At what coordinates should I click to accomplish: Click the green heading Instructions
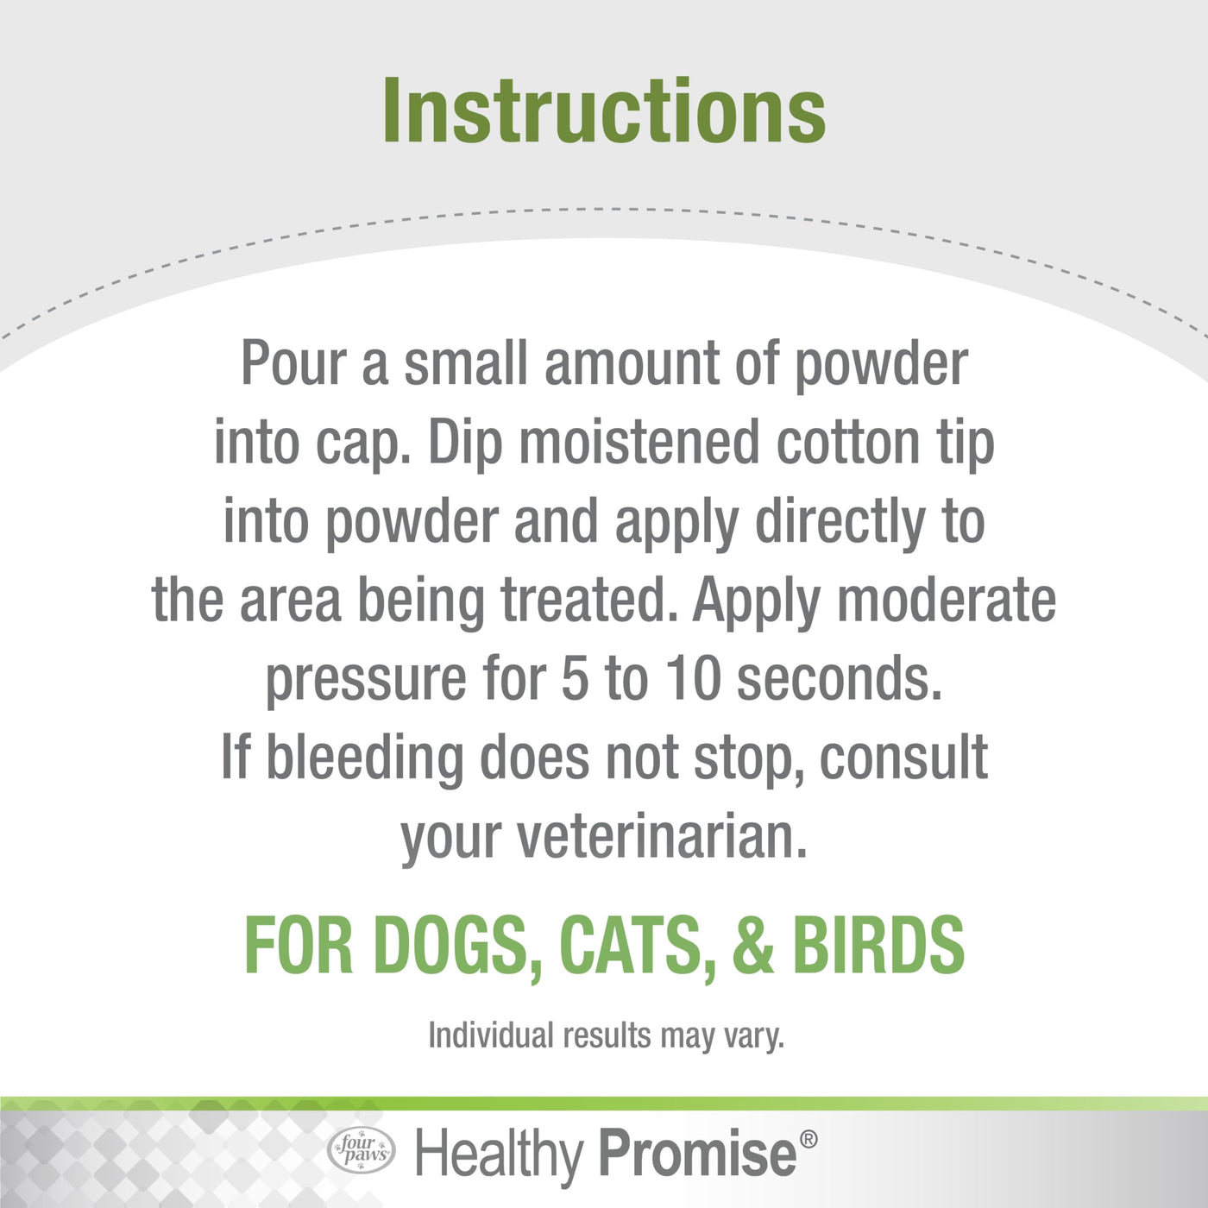[x=604, y=110]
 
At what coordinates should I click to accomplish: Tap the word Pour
[x=294, y=363]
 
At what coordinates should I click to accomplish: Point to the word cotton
[x=847, y=444]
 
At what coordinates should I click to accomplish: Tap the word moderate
[x=946, y=600]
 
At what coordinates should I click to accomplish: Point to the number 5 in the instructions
[x=574, y=679]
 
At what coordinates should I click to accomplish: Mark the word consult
[x=903, y=758]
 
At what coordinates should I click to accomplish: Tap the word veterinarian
[x=661, y=837]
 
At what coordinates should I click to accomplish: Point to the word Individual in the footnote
[x=491, y=1035]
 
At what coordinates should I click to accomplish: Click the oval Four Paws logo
[x=361, y=1152]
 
